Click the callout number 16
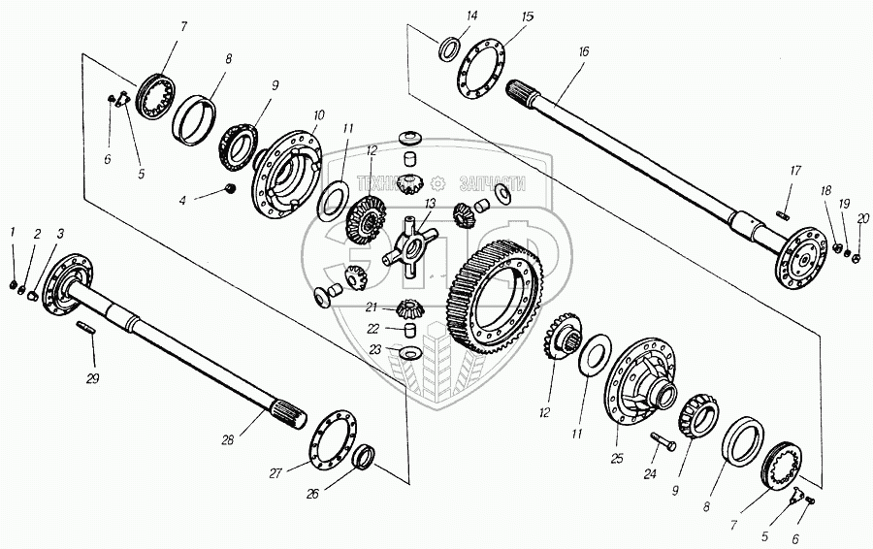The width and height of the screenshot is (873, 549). click(583, 51)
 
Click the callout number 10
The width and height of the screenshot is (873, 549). click(318, 115)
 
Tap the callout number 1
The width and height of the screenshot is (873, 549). click(13, 232)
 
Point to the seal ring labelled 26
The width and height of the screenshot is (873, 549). click(367, 455)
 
